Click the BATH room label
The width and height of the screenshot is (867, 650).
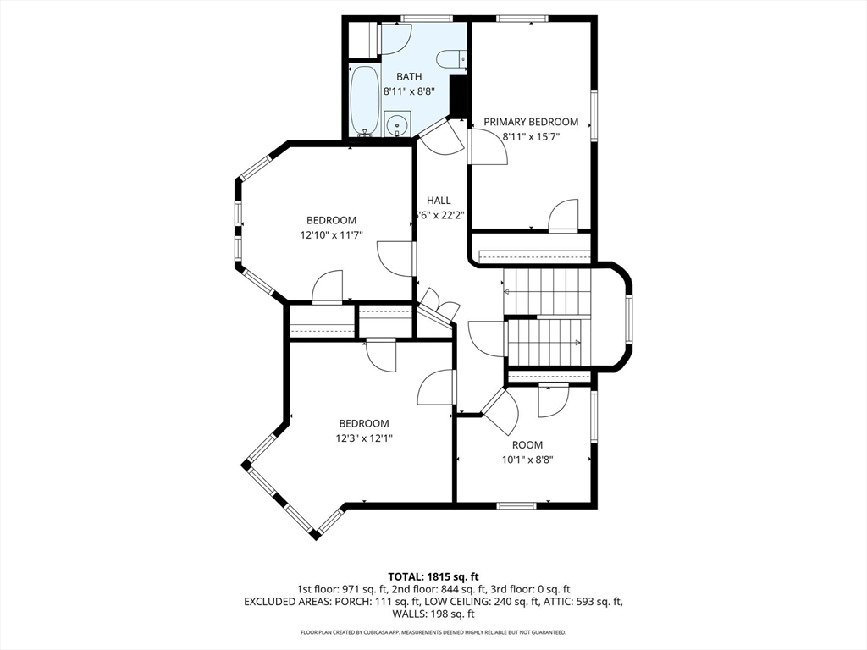(x=409, y=77)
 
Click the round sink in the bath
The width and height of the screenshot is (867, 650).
(x=395, y=126)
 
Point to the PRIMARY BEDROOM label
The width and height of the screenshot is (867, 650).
(x=529, y=122)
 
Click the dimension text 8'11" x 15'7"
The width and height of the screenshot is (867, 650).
(x=532, y=136)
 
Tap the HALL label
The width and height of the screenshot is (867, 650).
(x=439, y=201)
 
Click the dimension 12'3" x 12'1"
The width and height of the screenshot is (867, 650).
(x=364, y=438)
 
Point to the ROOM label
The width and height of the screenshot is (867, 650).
(x=527, y=445)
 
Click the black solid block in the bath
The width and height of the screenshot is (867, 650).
(x=458, y=96)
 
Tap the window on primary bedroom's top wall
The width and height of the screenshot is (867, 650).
(x=521, y=19)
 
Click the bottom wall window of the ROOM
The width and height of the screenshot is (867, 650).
(x=516, y=506)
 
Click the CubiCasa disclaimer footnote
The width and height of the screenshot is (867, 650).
(x=433, y=632)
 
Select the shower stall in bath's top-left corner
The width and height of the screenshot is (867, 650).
(x=362, y=39)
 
